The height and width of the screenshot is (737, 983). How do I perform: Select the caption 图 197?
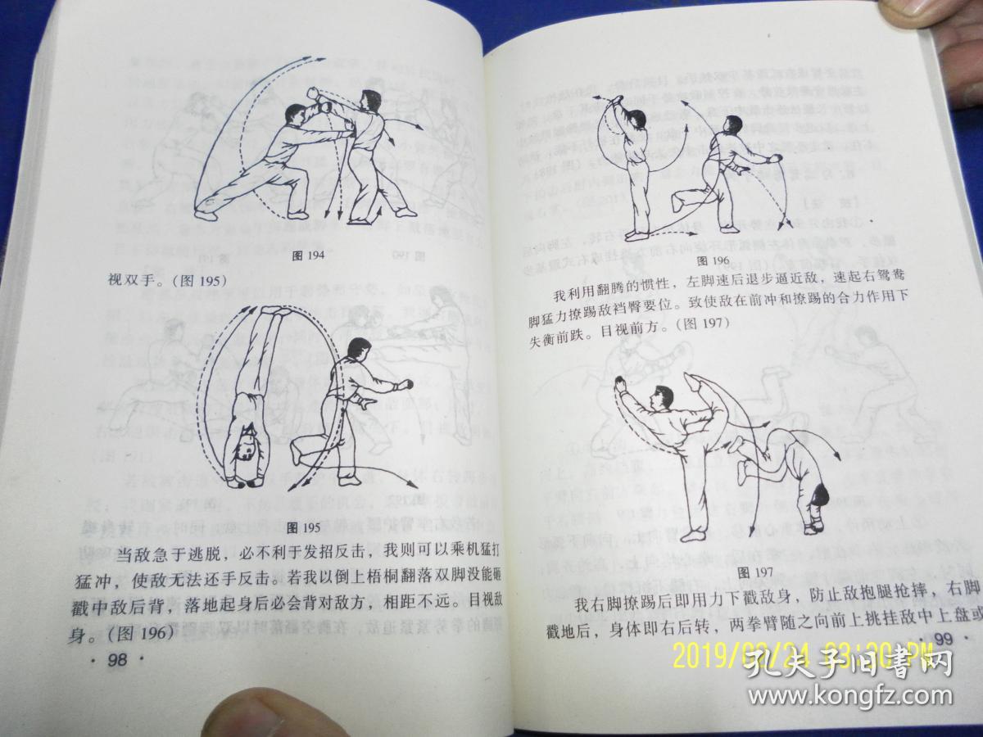(x=749, y=571)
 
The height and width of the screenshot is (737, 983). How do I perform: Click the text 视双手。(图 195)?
(x=167, y=280)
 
